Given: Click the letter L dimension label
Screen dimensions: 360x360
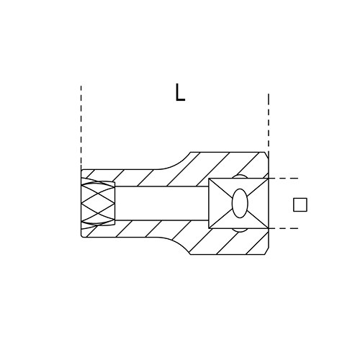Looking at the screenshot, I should [x=179, y=92].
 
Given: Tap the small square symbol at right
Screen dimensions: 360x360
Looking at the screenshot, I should [x=300, y=204].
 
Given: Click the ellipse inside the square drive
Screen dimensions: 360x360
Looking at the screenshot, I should [x=240, y=204].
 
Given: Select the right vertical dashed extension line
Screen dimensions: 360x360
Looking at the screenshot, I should [x=269, y=122].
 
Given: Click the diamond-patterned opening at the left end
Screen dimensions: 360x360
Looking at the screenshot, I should [x=98, y=203].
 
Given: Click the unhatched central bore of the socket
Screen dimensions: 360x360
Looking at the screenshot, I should [x=161, y=203].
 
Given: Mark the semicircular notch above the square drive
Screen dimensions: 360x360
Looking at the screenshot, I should [x=240, y=176].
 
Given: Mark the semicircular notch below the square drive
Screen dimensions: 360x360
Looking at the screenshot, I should [x=240, y=230].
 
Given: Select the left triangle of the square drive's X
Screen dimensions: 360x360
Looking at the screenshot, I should [x=217, y=204].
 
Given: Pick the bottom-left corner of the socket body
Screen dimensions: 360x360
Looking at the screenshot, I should [x=83, y=235].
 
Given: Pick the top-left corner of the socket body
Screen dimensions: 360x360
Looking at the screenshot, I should [x=83, y=171].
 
